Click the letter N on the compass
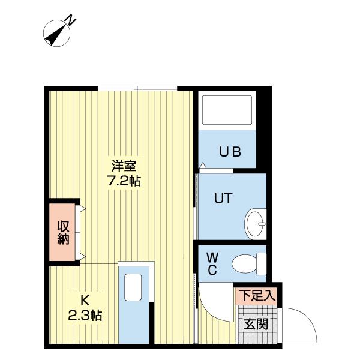pyautogui.click(x=71, y=21)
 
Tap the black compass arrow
pyautogui.click(x=58, y=35)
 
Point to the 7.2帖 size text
pyautogui.click(x=124, y=180)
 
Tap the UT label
pyautogui.click(x=223, y=199)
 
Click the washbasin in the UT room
pyautogui.click(x=256, y=224)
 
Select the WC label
pyautogui.click(x=212, y=263)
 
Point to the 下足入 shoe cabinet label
pyautogui.click(x=257, y=295)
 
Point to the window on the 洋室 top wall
pyautogui.click(x=137, y=89)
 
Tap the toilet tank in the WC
pyautogui.click(x=261, y=262)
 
